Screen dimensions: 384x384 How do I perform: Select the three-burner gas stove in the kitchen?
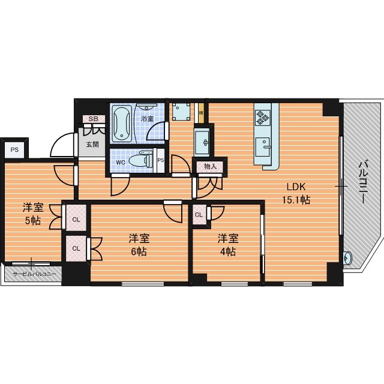(263, 118)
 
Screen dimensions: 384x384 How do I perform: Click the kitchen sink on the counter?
(263, 147)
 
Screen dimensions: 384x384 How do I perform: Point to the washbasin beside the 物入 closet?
(202, 143)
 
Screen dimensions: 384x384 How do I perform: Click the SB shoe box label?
(93, 119)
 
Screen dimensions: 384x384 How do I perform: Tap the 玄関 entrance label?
(92, 144)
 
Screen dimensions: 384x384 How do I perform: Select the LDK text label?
(296, 187)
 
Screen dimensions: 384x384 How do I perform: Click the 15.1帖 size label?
(296, 200)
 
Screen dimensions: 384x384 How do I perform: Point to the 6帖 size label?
(139, 251)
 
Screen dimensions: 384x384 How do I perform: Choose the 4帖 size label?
(228, 251)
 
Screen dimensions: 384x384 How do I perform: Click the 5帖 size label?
(33, 221)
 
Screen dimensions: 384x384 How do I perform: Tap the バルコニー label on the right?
(363, 182)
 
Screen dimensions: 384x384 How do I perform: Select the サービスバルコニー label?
(34, 274)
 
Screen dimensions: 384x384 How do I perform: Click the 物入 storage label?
(211, 167)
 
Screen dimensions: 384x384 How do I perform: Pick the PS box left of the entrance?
(14, 149)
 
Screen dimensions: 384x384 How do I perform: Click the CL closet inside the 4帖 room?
(199, 215)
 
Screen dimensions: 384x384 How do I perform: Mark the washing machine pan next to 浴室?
(181, 112)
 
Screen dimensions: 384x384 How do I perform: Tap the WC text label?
(121, 163)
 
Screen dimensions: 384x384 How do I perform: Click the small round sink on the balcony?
(347, 258)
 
